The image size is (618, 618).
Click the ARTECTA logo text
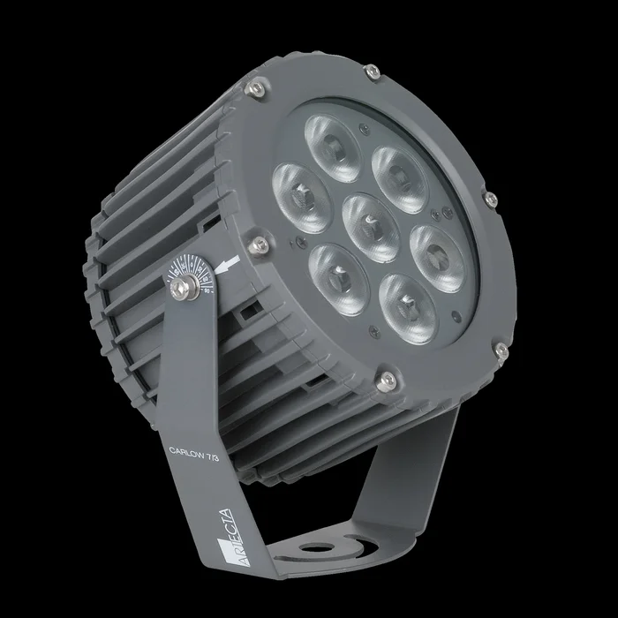click(x=219, y=525)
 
